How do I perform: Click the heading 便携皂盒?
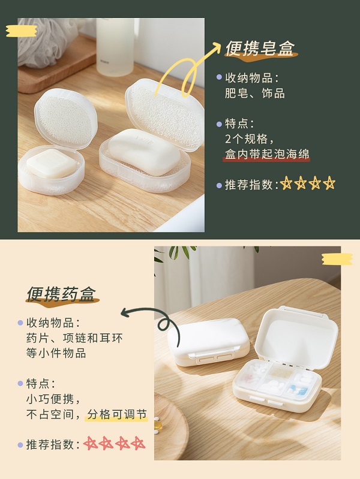[x=260, y=49]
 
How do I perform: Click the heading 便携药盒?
[x=61, y=294]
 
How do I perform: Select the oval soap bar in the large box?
[x=145, y=151]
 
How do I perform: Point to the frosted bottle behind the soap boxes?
[x=115, y=46]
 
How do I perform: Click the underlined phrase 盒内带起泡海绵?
[x=267, y=154]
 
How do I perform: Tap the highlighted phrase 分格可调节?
[x=117, y=414]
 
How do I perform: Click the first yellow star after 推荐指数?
[x=286, y=183]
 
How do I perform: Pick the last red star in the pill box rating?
[x=138, y=443]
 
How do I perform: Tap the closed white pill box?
[x=209, y=342]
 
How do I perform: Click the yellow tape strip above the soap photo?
[x=22, y=31]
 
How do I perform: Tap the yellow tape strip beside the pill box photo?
[x=337, y=260]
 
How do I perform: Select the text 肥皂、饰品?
[x=255, y=93]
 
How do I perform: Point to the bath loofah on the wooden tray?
[x=46, y=41]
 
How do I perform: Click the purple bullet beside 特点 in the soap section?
[x=219, y=124]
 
